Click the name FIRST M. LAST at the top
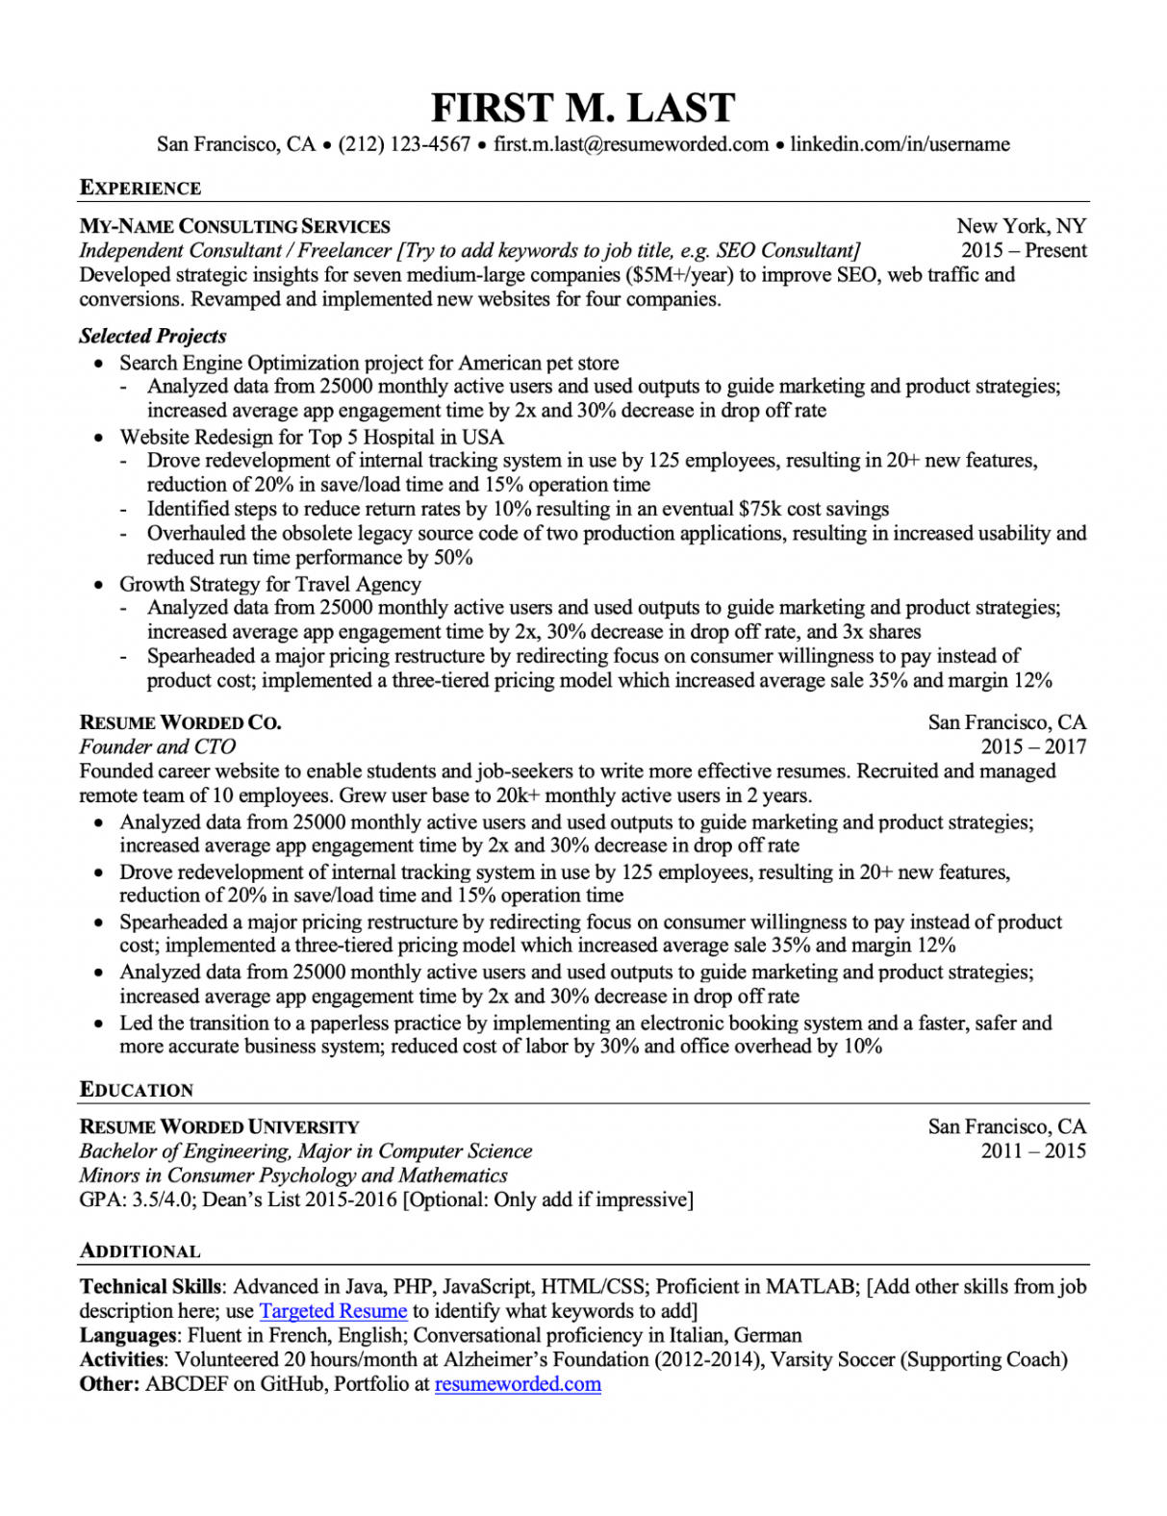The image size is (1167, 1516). (583, 108)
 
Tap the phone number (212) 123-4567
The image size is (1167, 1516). (404, 144)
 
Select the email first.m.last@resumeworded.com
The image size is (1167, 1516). (631, 144)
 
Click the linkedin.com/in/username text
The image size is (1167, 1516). (900, 144)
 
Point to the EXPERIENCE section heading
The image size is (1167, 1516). (140, 189)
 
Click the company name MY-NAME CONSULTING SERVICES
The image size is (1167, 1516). (235, 227)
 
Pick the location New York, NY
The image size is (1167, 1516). (1021, 226)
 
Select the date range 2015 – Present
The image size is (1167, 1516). (1024, 250)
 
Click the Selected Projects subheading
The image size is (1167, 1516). (153, 336)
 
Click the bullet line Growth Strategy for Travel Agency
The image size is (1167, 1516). (270, 584)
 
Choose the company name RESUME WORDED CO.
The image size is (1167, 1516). (180, 722)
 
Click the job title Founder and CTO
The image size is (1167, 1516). (157, 746)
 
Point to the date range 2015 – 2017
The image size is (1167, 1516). (1033, 746)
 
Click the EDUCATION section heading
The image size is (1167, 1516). (137, 1090)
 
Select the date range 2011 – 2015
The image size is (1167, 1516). (1033, 1150)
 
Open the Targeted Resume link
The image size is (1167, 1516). (333, 1311)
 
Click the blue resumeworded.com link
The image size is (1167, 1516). (518, 1384)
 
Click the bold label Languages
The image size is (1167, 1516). (128, 1335)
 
